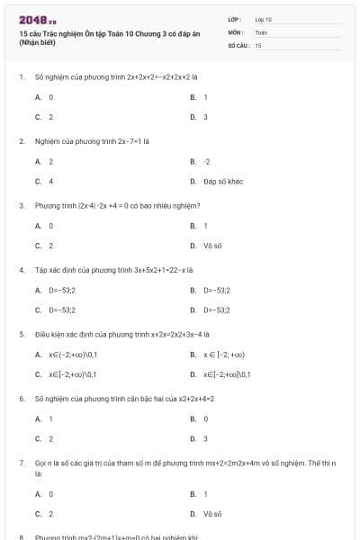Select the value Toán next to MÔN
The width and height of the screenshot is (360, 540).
[261, 31]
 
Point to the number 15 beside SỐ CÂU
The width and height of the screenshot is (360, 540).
[258, 44]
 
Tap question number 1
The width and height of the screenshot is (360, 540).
[21, 77]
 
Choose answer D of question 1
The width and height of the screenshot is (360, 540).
[205, 117]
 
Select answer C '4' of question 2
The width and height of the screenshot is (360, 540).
[50, 181]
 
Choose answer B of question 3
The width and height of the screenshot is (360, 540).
[205, 226]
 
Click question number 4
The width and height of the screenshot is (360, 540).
[21, 269]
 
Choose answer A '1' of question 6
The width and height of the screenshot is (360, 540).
[50, 418]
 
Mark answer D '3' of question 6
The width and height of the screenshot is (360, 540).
[205, 438]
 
